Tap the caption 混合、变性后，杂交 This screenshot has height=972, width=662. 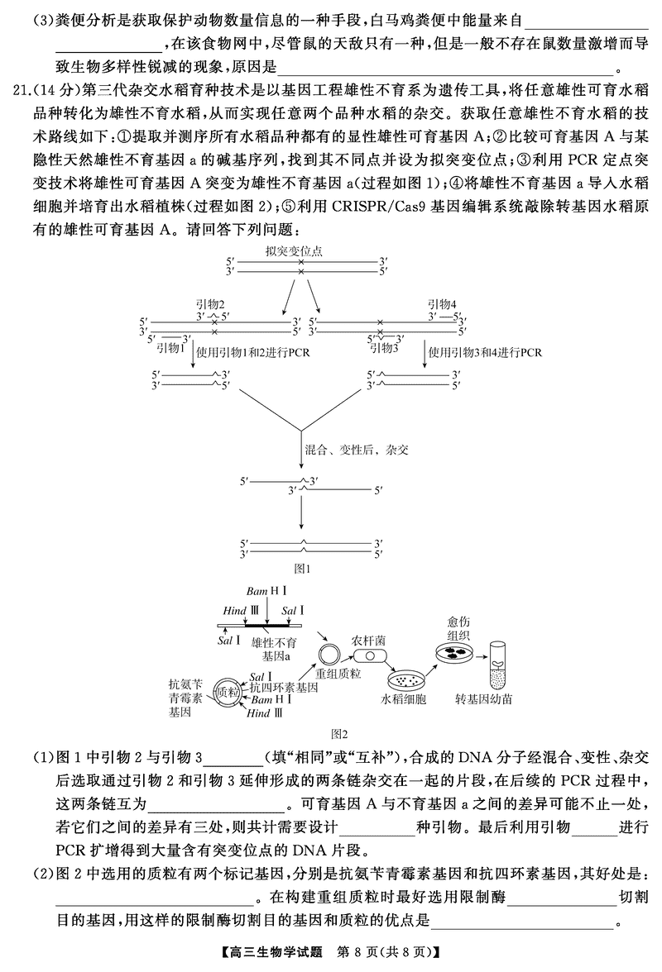[x=357, y=451]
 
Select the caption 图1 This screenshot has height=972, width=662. [x=301, y=568]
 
